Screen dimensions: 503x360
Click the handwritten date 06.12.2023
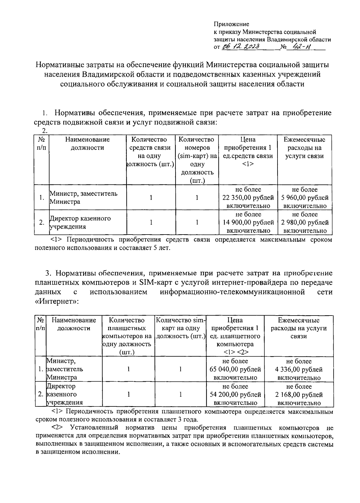(x=240, y=47)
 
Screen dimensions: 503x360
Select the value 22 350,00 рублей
(x=248, y=198)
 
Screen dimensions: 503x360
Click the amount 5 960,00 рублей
(x=305, y=198)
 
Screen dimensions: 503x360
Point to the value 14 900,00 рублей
(x=248, y=223)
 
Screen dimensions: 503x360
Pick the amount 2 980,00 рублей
(x=305, y=223)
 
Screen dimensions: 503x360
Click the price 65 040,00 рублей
(x=235, y=369)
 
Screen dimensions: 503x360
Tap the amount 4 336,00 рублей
(x=299, y=369)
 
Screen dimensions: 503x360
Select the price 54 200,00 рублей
(x=235, y=394)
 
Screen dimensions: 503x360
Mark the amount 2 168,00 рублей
(x=299, y=394)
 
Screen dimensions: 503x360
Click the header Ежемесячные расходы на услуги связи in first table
(x=305, y=148)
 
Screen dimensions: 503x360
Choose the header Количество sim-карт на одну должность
(x=181, y=328)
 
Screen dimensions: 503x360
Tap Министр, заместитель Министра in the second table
(x=64, y=369)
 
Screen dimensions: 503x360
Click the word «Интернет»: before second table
(x=57, y=301)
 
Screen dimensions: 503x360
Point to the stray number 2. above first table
(x=45, y=131)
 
